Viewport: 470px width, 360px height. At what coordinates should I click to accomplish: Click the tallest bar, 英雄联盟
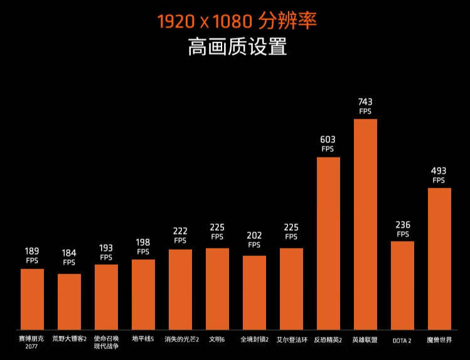point(365,224)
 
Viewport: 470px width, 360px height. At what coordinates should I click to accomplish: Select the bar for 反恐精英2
point(328,243)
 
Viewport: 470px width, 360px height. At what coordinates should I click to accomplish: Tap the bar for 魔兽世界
point(439,258)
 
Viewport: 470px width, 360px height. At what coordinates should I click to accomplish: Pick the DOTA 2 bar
point(402,285)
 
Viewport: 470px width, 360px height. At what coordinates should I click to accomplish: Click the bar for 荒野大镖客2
point(69,302)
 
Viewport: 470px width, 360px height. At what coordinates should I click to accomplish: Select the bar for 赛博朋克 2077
point(32,299)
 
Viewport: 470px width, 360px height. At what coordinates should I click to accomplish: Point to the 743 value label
point(365,101)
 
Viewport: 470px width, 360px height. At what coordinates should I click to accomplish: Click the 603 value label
point(328,139)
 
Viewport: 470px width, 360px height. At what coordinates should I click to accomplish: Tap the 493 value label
point(439,171)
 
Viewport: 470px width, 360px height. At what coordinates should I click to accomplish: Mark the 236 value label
point(402,225)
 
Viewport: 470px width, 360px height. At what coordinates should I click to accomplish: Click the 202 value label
point(254,235)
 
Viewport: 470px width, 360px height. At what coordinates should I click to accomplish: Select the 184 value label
point(69,253)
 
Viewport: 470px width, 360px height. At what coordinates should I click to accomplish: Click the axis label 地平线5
point(143,340)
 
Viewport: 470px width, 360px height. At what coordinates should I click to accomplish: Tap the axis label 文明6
point(217,340)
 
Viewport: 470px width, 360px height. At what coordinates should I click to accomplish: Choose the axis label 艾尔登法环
point(291,340)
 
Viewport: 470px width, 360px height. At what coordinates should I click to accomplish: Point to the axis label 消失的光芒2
point(181,340)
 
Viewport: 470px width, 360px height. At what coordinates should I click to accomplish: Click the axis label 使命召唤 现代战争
point(106,342)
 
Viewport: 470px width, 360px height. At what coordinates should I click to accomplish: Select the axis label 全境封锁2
point(254,340)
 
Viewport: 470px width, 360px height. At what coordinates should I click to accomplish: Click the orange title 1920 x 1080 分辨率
point(237,21)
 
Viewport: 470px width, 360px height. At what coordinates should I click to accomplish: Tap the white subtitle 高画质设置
point(237,47)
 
